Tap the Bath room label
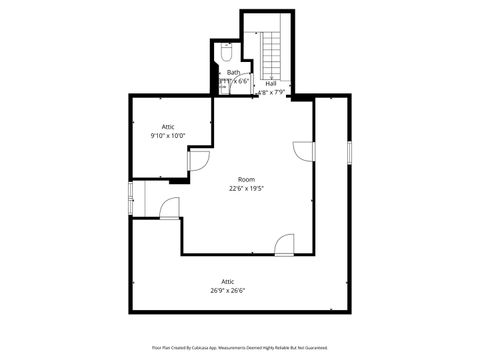pyautogui.click(x=233, y=72)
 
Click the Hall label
pyautogui.click(x=271, y=83)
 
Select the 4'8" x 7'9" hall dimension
pyautogui.click(x=271, y=92)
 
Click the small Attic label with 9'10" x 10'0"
pyautogui.click(x=168, y=126)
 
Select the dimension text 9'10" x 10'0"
pyautogui.click(x=168, y=135)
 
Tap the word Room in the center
pyautogui.click(x=246, y=179)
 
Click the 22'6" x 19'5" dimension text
pyautogui.click(x=246, y=188)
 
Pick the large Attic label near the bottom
pyautogui.click(x=228, y=283)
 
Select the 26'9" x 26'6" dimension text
pyautogui.click(x=228, y=292)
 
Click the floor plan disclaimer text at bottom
pyautogui.click(x=240, y=347)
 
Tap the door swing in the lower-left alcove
pyautogui.click(x=170, y=208)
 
